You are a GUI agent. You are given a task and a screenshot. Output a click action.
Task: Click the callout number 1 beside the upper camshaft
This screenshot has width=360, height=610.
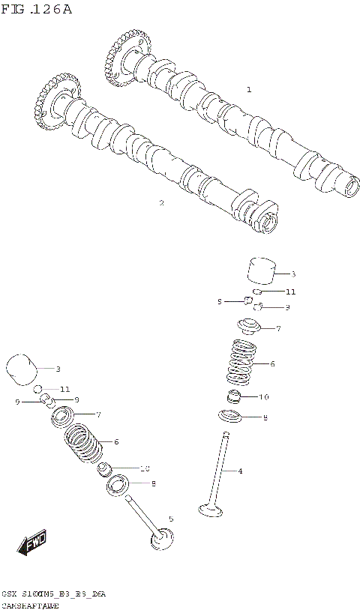point(249,89)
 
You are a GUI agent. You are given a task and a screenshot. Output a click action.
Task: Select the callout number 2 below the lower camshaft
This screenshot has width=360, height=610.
point(161,202)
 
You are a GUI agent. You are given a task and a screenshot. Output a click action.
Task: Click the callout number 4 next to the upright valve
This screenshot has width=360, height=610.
point(241,471)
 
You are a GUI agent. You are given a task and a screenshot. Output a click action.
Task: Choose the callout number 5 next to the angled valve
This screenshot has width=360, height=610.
point(170,518)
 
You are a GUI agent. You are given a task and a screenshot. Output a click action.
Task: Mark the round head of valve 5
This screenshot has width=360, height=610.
point(163,538)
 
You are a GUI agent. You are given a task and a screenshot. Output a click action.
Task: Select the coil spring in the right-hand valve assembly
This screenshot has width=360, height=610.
point(241,364)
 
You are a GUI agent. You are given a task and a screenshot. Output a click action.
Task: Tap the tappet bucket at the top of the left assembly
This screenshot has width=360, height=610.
point(22,368)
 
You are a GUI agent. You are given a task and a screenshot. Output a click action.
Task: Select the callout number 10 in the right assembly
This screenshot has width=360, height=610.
point(264,396)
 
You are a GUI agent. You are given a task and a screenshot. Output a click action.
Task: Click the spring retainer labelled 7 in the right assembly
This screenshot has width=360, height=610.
point(248,327)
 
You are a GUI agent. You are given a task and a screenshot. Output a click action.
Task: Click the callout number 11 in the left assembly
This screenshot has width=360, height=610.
point(65,390)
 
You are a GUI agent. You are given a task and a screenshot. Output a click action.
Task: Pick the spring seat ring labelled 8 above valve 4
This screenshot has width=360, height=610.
point(231,416)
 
